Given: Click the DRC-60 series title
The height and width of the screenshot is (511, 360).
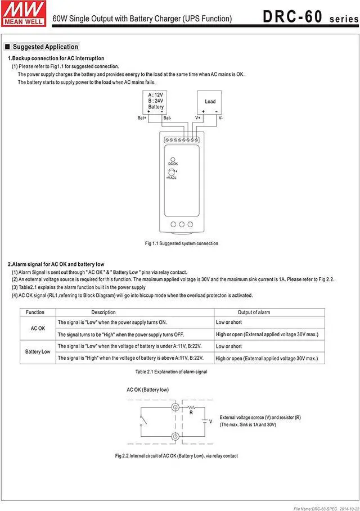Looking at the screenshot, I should point(308,17).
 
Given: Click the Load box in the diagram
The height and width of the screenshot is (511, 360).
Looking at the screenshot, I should point(210,101).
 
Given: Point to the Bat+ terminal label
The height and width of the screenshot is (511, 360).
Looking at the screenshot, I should point(142,118).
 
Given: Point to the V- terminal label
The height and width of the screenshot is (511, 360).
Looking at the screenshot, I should point(221,118).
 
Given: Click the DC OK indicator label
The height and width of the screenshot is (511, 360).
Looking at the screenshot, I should point(173,164).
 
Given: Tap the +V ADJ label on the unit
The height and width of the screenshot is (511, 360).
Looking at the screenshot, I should point(172,178).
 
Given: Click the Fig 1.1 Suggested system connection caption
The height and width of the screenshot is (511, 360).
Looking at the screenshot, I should point(181,243).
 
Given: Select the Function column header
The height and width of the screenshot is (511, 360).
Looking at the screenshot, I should point(35,312).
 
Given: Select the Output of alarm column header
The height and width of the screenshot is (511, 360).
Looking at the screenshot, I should point(254,312).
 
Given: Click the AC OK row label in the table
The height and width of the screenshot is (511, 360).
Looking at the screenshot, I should point(38,328).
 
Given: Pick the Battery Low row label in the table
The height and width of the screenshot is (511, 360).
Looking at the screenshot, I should point(38,352).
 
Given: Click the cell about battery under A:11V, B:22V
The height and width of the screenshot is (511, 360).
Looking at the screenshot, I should point(130,346).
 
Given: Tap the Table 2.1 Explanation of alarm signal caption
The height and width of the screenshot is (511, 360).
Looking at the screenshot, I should point(171,372).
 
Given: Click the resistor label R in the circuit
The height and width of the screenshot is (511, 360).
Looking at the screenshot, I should point(192,412).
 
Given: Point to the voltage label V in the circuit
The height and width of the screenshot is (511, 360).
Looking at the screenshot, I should point(210,421).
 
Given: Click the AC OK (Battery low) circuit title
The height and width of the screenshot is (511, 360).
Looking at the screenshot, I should point(147,390).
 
